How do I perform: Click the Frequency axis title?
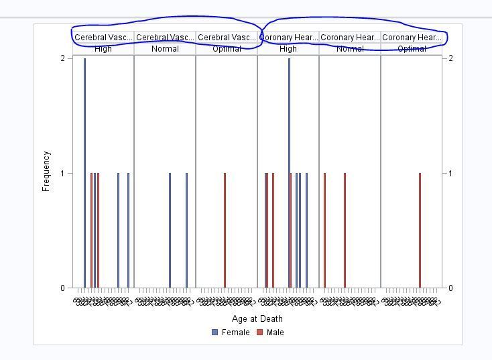(x=46, y=172)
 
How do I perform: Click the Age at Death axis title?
(x=257, y=318)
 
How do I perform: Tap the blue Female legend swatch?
(x=214, y=333)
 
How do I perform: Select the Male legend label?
(x=275, y=333)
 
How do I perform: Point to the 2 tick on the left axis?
(x=62, y=58)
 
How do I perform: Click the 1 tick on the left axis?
(x=62, y=174)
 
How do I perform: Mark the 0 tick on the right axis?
(x=450, y=288)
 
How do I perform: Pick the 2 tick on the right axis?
(x=450, y=58)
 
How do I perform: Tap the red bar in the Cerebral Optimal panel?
(x=225, y=231)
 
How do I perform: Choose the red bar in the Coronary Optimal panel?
(x=420, y=231)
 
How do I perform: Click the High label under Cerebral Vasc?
(x=103, y=49)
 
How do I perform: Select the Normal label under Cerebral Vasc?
(x=165, y=49)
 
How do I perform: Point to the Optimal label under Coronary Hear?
(x=412, y=49)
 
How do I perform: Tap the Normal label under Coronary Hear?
(x=350, y=49)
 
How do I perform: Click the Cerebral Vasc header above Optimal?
(x=227, y=38)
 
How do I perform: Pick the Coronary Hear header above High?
(x=289, y=38)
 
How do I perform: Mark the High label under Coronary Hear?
(x=288, y=49)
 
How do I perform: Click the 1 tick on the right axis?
(x=450, y=174)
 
